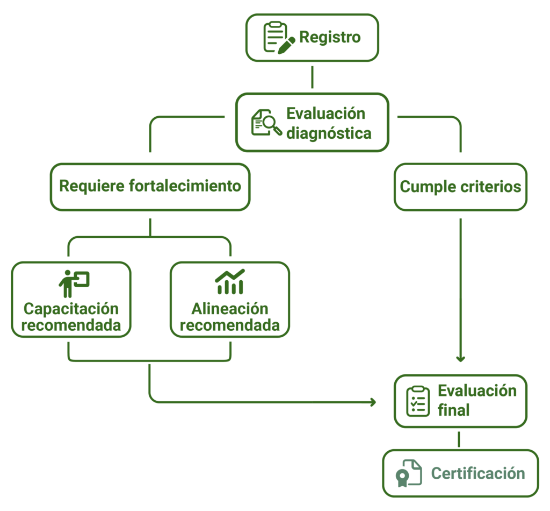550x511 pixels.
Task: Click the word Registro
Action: point(329,38)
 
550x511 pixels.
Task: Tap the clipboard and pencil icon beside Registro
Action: point(278,37)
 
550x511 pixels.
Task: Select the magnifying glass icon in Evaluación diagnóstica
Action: point(266,123)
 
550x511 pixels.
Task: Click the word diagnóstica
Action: point(329,133)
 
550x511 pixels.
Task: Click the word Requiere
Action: point(92,187)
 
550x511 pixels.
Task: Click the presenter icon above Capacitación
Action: point(73,283)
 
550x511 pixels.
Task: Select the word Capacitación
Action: point(71,309)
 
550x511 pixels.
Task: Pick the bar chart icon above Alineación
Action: point(229,282)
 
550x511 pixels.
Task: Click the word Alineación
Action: point(229,309)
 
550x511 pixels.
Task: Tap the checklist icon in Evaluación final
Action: point(417,401)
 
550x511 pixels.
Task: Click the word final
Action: point(453,410)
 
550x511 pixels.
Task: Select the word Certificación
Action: point(477,473)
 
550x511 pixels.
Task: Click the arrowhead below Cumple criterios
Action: point(460,358)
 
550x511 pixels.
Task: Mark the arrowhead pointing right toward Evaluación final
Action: point(373,402)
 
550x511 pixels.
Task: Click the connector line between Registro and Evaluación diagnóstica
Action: point(312,77)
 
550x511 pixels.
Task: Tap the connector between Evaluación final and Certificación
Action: point(458,439)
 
